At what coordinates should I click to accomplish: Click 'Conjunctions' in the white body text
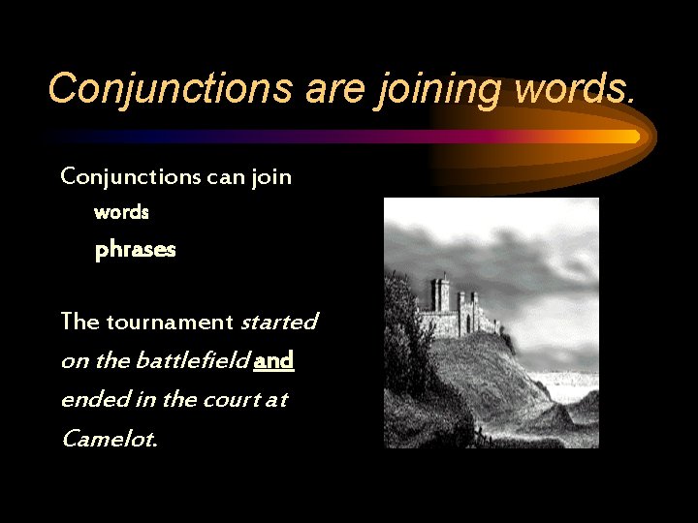129,177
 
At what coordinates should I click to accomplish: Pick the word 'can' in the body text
227,177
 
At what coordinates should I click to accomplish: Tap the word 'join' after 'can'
273,177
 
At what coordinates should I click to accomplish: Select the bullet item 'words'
121,211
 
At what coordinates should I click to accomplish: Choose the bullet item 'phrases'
135,250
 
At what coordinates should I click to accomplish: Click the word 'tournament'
170,322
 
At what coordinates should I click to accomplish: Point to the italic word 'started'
278,322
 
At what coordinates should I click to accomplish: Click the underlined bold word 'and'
273,361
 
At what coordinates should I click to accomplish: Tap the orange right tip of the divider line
632,137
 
